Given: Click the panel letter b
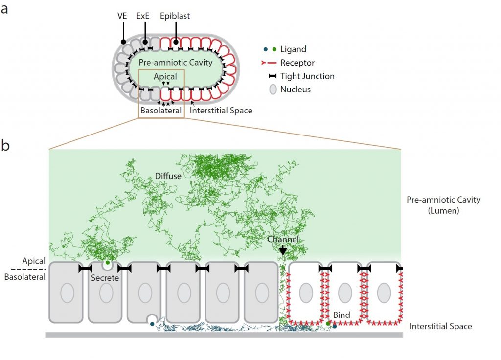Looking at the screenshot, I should pyautogui.click(x=5, y=146).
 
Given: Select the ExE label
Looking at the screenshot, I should pyautogui.click(x=143, y=16).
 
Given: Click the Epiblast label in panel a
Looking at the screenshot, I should pyautogui.click(x=175, y=16).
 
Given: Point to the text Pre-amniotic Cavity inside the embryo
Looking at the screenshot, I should pyautogui.click(x=175, y=62).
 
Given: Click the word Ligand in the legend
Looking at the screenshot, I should pyautogui.click(x=293, y=49).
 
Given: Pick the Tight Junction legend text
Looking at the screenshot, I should pyautogui.click(x=307, y=76).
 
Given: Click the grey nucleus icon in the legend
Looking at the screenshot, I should pyautogui.click(x=273, y=90).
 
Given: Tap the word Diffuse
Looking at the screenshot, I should pyautogui.click(x=168, y=176).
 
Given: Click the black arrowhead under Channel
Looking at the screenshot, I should pyautogui.click(x=283, y=251).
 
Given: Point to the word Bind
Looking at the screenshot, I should pyautogui.click(x=342, y=315).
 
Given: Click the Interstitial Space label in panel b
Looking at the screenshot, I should pyautogui.click(x=440, y=326).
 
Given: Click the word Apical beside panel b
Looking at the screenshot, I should pyautogui.click(x=34, y=261).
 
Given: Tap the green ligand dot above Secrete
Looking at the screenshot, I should pyautogui.click(x=108, y=263).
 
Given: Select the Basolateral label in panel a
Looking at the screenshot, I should pyautogui.click(x=161, y=111).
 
